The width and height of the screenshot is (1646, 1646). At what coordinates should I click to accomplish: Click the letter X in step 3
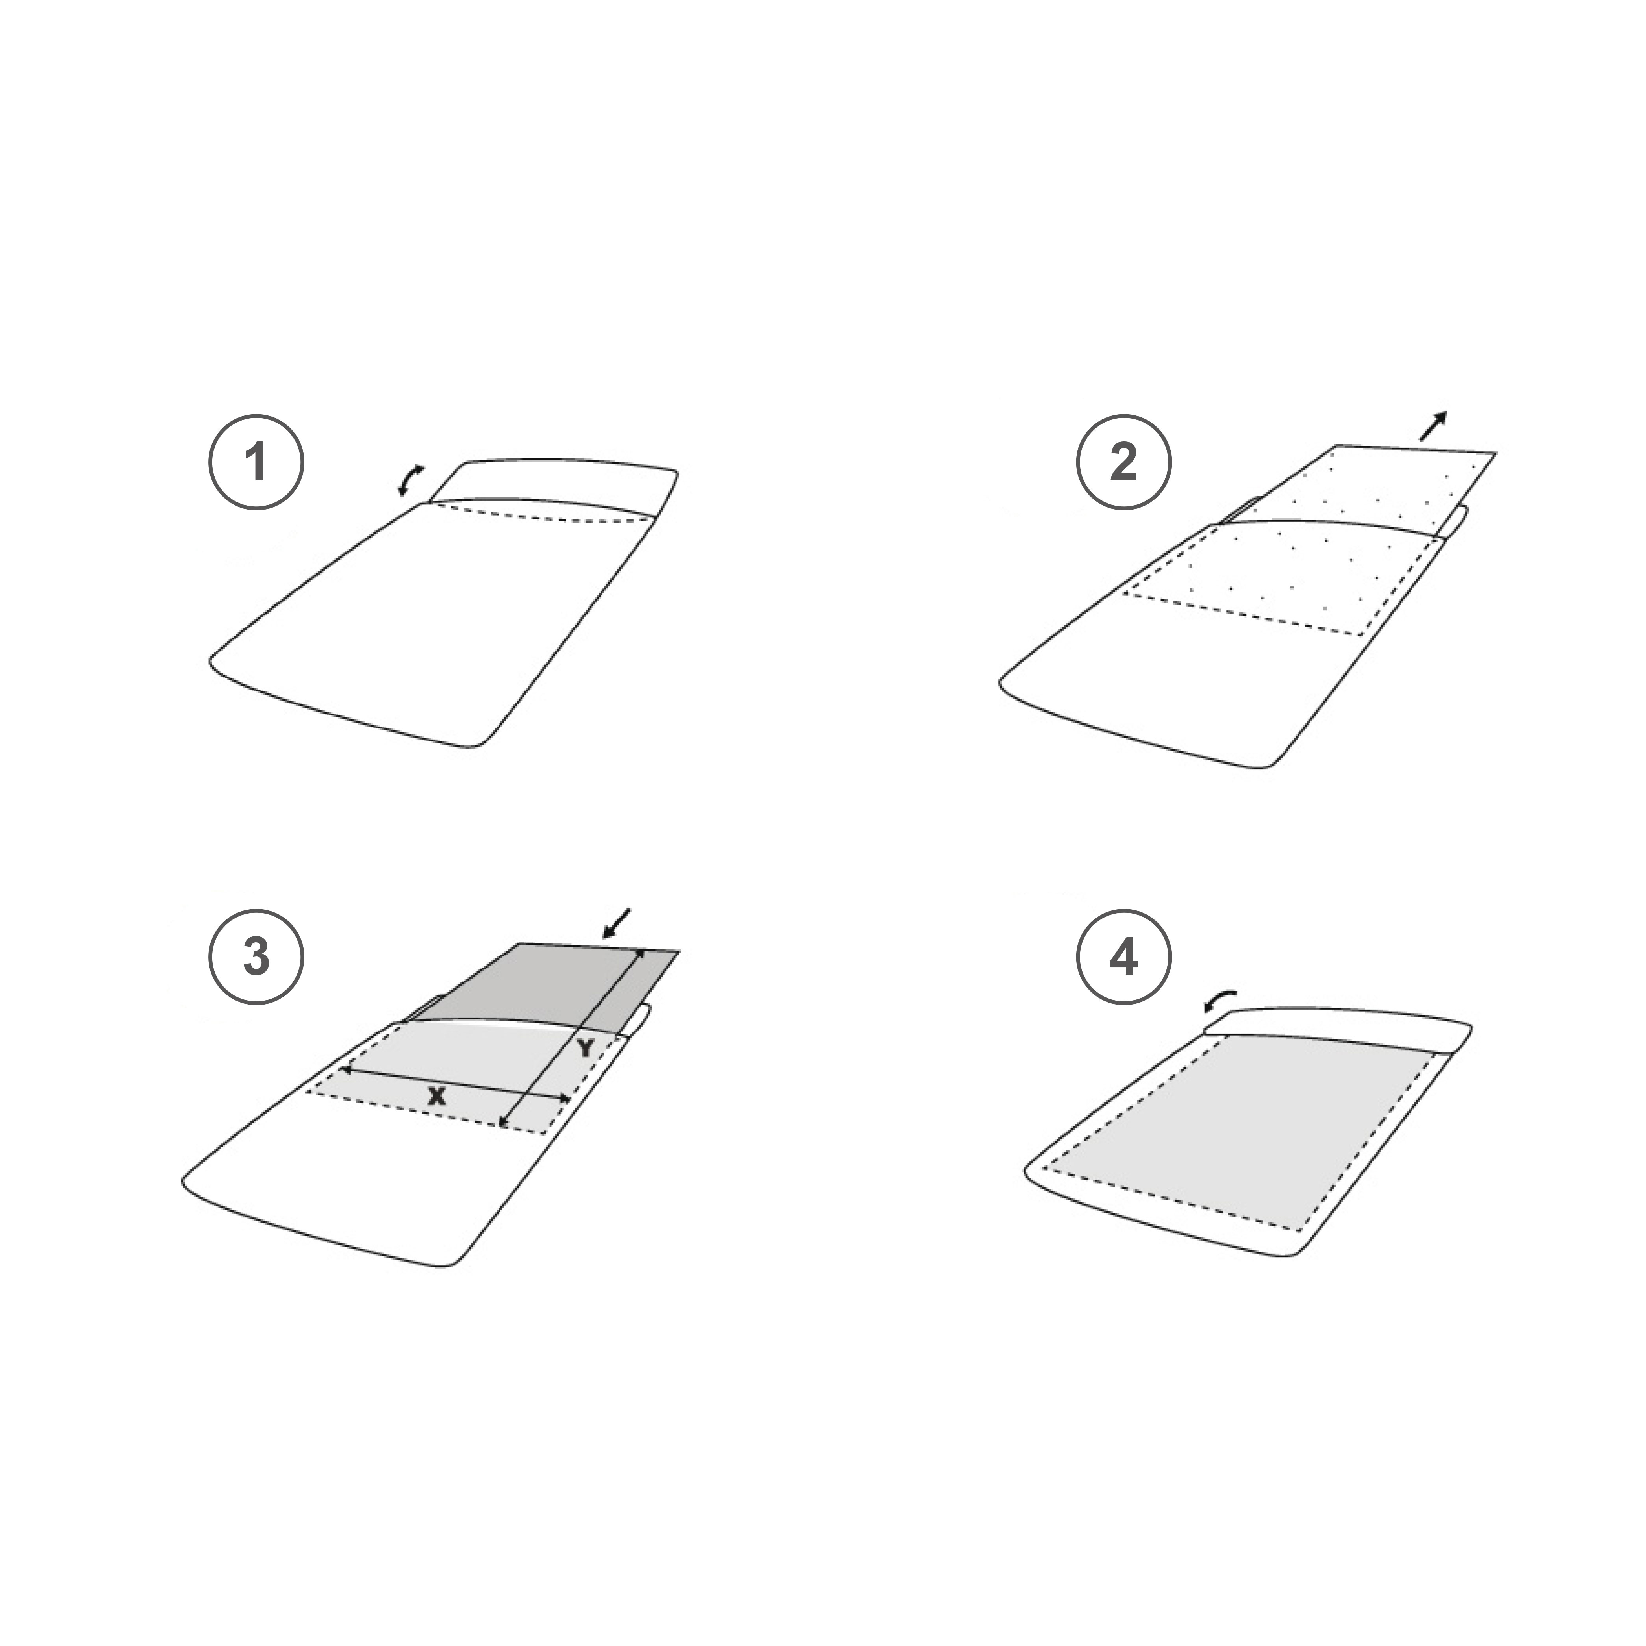coord(437,1095)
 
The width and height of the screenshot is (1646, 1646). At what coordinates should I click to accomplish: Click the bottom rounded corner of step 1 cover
coord(477,743)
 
